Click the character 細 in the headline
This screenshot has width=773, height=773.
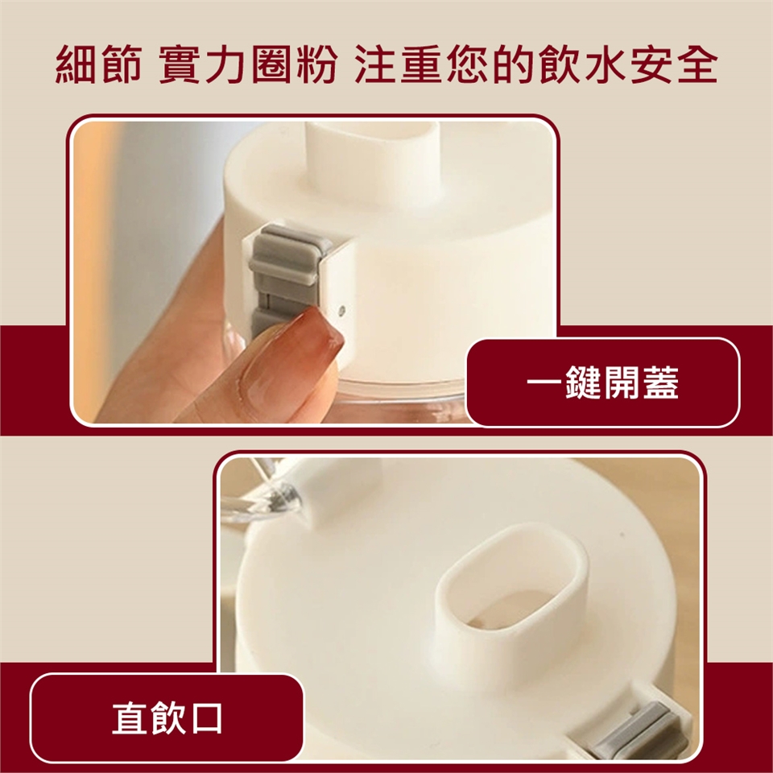[76, 64]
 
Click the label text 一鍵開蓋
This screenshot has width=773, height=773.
[602, 382]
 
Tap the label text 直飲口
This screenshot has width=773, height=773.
[167, 718]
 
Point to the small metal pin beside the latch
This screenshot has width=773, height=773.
[342, 311]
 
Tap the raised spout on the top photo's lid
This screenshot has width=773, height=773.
[373, 158]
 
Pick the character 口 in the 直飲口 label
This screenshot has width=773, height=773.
[206, 718]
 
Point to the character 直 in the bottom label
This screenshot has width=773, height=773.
[129, 718]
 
